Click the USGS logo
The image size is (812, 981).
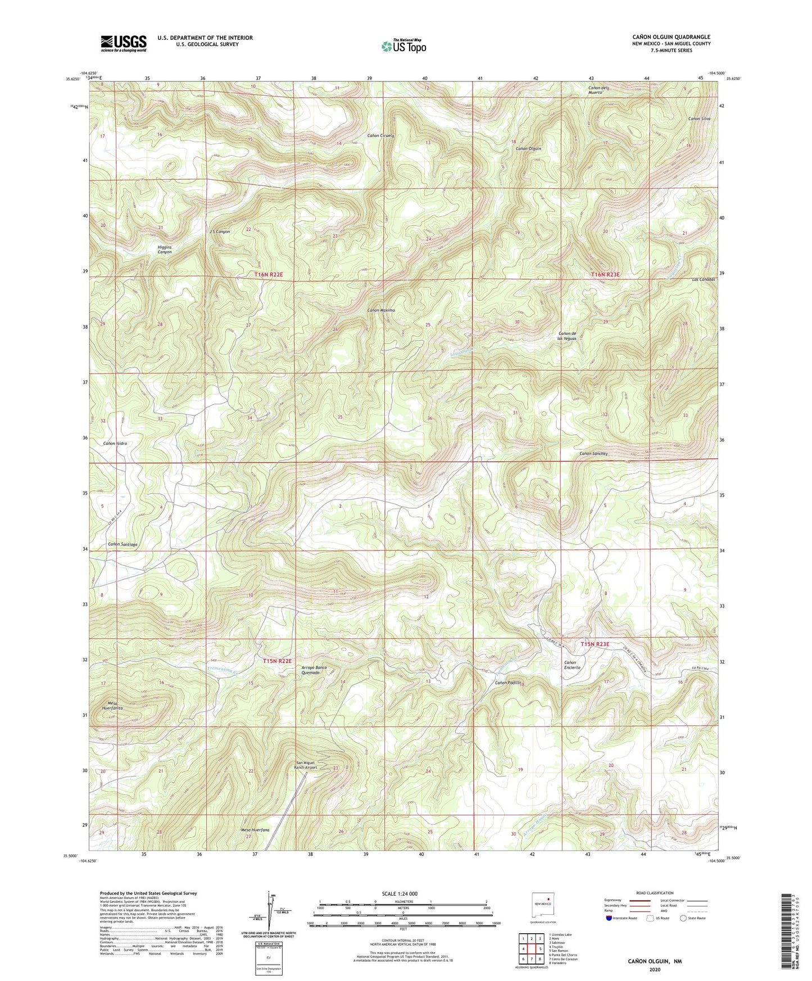[x=124, y=43]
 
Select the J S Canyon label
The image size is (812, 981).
[x=219, y=231]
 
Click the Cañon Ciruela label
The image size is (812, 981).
[x=381, y=136]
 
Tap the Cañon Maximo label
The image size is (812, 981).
[x=381, y=310]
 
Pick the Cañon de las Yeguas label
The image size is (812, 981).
[x=566, y=336]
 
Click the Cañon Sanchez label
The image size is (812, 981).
[x=593, y=453]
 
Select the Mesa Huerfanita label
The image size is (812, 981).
[x=112, y=706]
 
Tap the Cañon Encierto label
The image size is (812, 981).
[x=572, y=665]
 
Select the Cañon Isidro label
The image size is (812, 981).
[x=115, y=443]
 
